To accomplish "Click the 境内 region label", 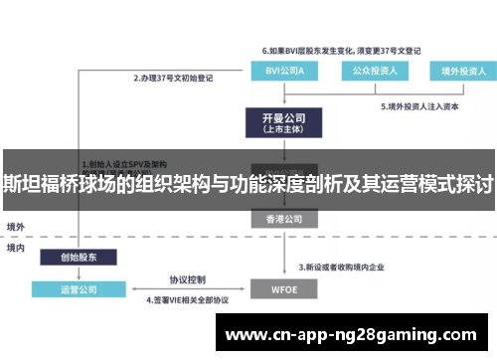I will coord(16,248).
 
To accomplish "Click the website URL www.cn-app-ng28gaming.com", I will coord(354,332).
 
